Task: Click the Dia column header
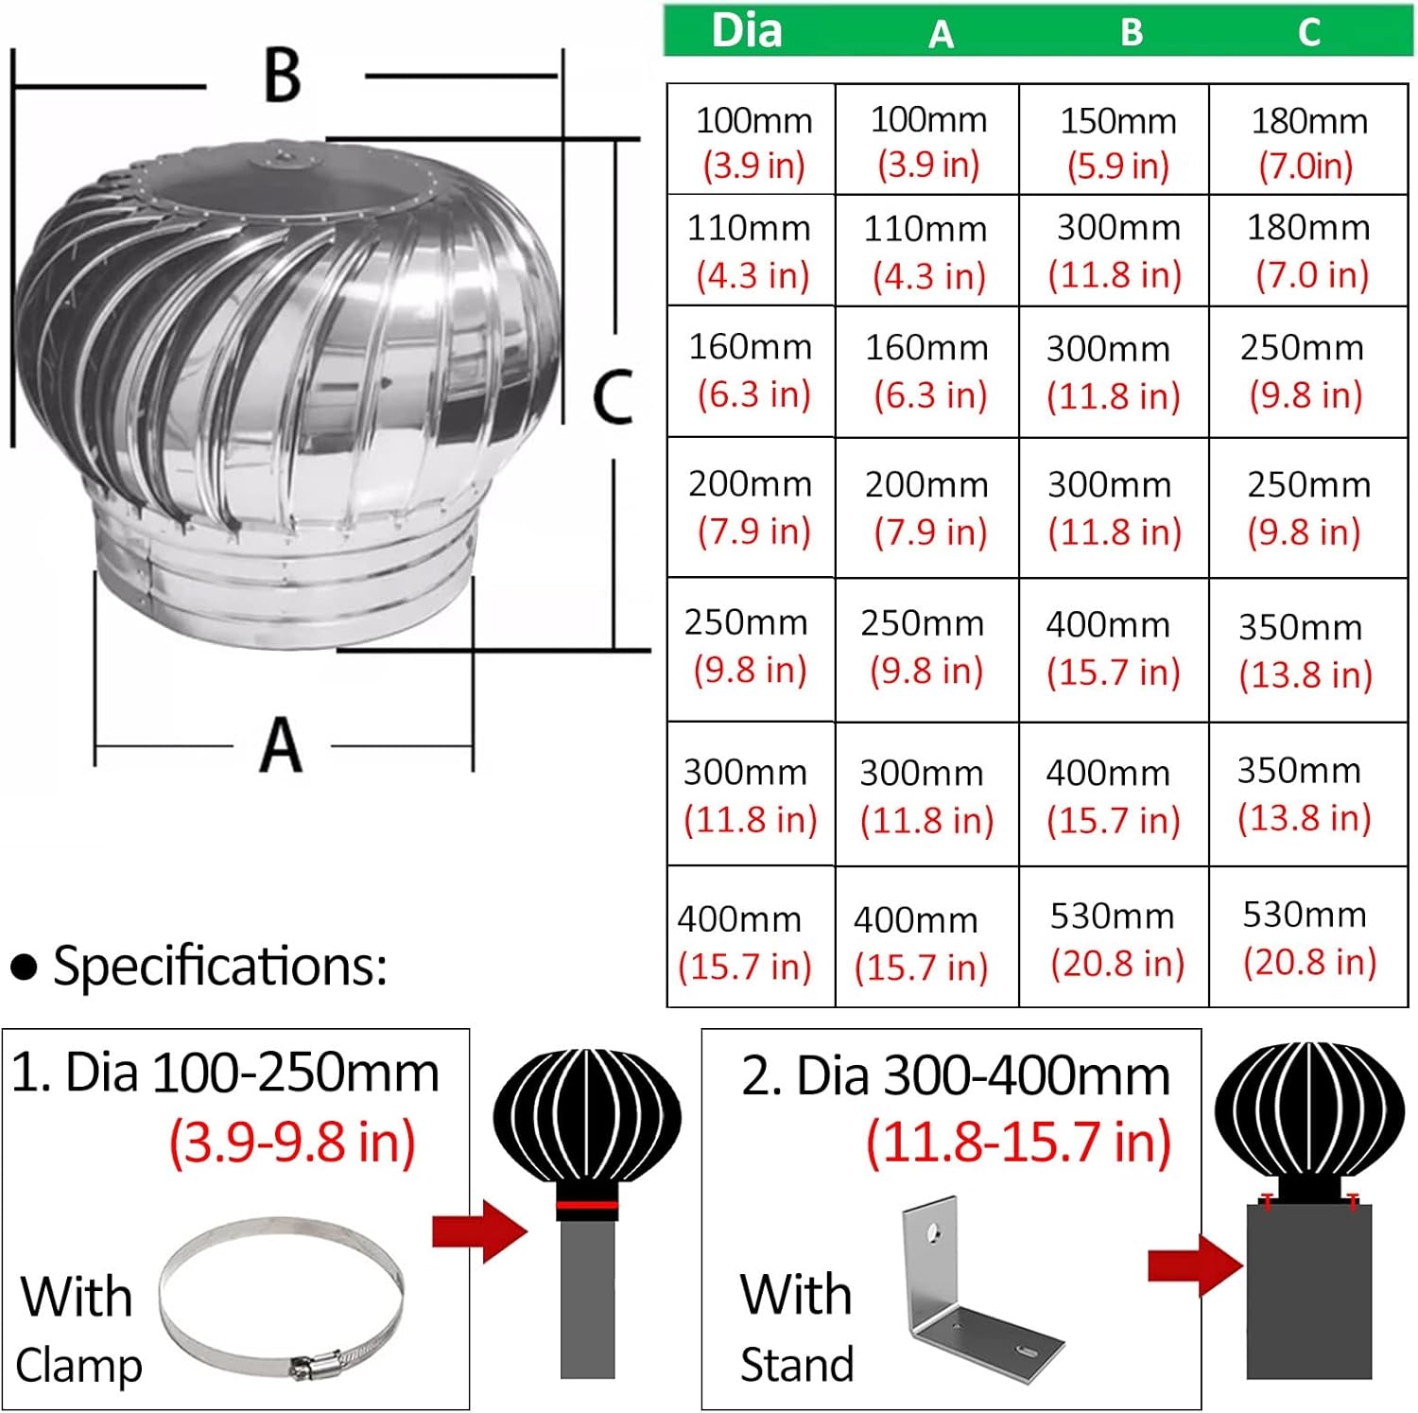pyautogui.click(x=747, y=30)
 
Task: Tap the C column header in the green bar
pyautogui.click(x=1309, y=33)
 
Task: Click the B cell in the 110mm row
pyautogui.click(x=1115, y=251)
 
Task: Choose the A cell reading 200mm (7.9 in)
pyautogui.click(x=927, y=508)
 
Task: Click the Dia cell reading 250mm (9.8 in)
pyautogui.click(x=748, y=647)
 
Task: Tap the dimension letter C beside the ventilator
pyautogui.click(x=612, y=397)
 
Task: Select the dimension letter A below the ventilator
pyautogui.click(x=281, y=746)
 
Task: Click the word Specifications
pyautogui.click(x=219, y=966)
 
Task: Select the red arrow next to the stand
pyautogui.click(x=1195, y=1265)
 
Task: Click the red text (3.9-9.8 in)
pyautogui.click(x=292, y=1142)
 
